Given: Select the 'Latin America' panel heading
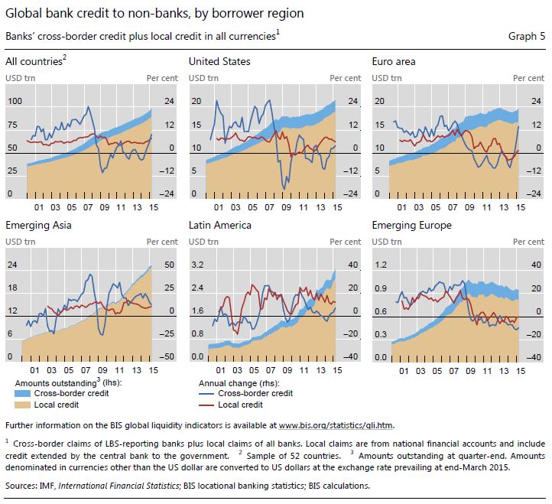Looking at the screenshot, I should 220,225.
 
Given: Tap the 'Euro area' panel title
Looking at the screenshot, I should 394,61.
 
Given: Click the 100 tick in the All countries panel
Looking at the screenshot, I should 15,101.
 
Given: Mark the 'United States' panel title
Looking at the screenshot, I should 219,61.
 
